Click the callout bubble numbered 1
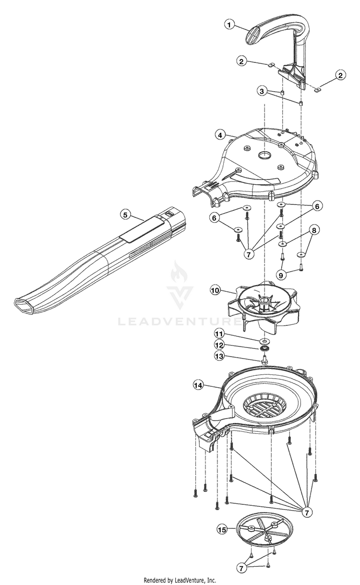[x=230, y=24]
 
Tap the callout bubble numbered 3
[x=261, y=91]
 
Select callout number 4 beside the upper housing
[x=220, y=135]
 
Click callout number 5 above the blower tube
[x=125, y=215]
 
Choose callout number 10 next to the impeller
[x=215, y=290]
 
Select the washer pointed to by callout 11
[x=264, y=340]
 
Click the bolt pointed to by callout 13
[x=264, y=359]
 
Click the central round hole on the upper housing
[x=264, y=155]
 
